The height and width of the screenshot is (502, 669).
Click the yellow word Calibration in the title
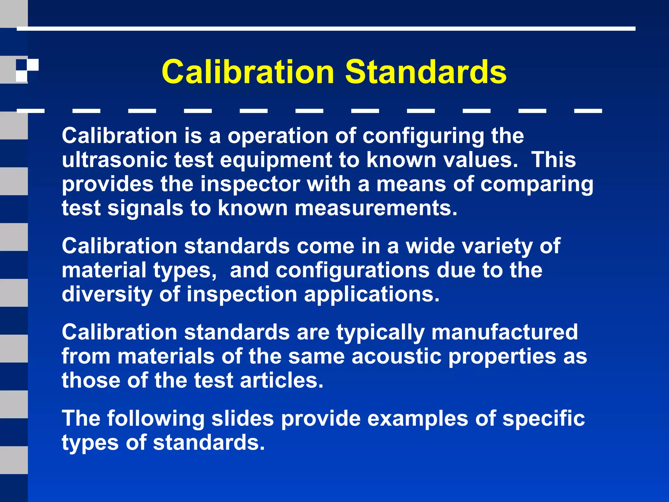248,72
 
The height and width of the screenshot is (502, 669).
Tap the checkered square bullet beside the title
27,70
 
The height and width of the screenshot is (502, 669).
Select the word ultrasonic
114,160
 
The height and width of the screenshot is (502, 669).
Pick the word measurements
376,208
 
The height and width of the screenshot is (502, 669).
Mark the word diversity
107,294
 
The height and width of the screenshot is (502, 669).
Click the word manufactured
505,332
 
